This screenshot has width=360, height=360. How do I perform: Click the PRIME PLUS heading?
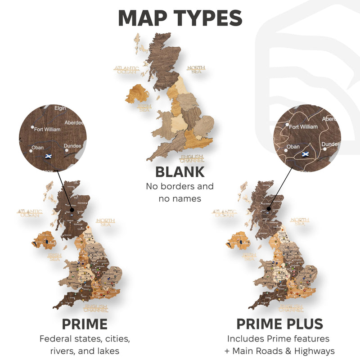click(x=279, y=324)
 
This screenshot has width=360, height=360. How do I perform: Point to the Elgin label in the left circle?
click(x=60, y=108)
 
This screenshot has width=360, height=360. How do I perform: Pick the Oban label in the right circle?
click(x=293, y=146)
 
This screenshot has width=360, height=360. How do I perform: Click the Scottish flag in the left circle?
click(x=47, y=156)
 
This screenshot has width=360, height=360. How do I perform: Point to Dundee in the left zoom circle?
click(x=72, y=146)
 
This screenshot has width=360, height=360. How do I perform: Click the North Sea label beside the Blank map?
click(x=196, y=68)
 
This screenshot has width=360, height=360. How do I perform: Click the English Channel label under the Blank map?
click(x=192, y=158)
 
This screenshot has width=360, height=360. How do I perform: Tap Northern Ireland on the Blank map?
click(x=137, y=94)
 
